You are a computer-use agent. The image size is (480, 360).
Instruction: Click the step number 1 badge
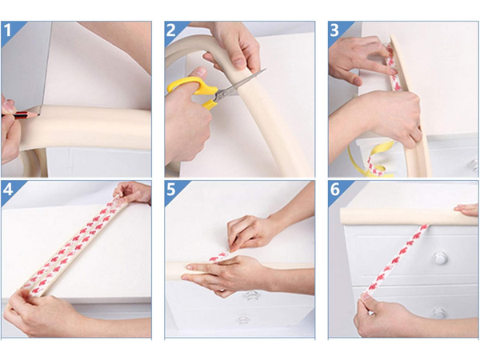9,31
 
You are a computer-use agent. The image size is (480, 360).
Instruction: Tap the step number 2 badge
172,31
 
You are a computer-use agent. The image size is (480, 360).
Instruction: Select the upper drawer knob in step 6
438,258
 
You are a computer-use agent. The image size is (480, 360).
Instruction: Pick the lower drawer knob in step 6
438,313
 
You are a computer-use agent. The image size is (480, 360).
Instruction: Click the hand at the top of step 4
132,192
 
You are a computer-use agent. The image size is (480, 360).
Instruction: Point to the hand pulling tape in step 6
376,316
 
